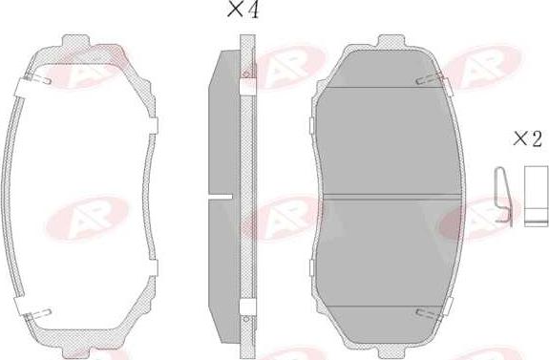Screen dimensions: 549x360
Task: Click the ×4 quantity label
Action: [x=243, y=10]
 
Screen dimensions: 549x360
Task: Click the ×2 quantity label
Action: [x=528, y=138]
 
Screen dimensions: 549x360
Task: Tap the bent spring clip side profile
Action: [x=503, y=197]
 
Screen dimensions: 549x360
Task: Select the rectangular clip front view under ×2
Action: [x=536, y=196]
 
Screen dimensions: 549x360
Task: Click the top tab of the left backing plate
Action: [x=76, y=41]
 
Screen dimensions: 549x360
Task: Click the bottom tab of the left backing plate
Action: [x=76, y=353]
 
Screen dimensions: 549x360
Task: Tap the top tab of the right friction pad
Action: [x=391, y=41]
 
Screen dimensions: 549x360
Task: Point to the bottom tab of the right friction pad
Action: [x=391, y=353]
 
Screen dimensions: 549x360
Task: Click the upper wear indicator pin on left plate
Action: [x=38, y=79]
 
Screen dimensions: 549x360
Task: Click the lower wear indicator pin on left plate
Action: [x=38, y=314]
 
